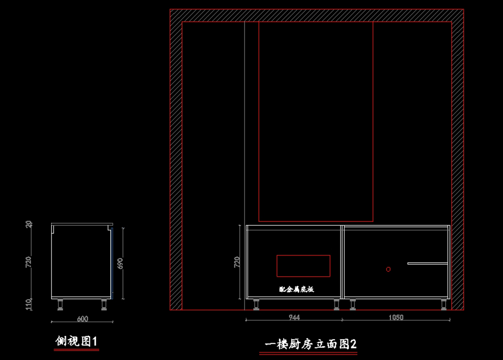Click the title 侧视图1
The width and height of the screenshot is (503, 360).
tap(77, 342)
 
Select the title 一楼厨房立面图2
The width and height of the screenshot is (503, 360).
tap(311, 344)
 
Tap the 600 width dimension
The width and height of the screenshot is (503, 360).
tap(83, 319)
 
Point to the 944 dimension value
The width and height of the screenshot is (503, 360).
tap(294, 317)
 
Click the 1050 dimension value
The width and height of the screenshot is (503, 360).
tap(396, 317)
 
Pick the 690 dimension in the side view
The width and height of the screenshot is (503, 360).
tap(120, 263)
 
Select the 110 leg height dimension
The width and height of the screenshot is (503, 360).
tap(29, 304)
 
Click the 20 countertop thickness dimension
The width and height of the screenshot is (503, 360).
tap(29, 225)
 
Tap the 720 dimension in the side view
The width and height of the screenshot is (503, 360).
tap(29, 262)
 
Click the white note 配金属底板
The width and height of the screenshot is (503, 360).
tap(296, 289)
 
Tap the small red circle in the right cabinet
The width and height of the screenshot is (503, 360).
tap(388, 269)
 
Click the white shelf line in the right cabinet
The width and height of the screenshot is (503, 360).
tap(428, 263)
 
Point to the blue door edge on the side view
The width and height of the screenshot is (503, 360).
tap(112, 263)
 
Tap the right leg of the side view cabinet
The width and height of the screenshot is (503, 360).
tap(104, 304)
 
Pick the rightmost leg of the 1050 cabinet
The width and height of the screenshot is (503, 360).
tap(443, 304)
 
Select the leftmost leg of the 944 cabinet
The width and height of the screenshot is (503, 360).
tap(256, 304)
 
